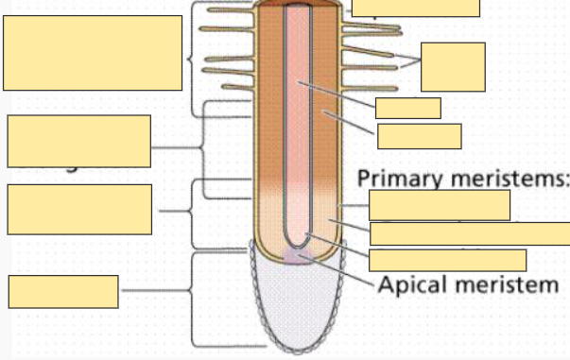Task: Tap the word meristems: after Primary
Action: coord(502,178)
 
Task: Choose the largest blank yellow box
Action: coord(93,53)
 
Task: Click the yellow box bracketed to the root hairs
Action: coord(453,66)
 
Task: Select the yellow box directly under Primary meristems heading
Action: coord(439,205)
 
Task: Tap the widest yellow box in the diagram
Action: coord(470,233)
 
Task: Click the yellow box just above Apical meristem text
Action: coord(447,260)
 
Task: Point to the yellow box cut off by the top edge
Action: coord(415,8)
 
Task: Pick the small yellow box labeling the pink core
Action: coord(407,108)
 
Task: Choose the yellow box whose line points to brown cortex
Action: coord(419,136)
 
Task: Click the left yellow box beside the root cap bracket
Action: coord(63,291)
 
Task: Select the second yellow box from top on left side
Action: coord(78,141)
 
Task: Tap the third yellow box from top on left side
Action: coord(78,209)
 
